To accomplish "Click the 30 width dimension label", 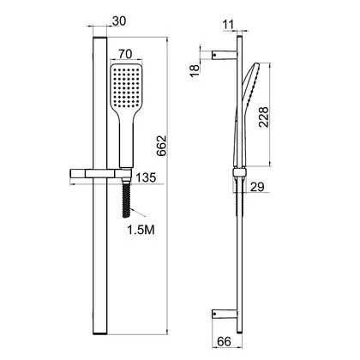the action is pos(119,21).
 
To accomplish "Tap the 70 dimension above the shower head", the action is pos(125,54).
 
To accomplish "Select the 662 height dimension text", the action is pos(161,146).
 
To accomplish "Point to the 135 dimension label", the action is pos(146,177).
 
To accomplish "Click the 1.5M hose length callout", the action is pos(141,230).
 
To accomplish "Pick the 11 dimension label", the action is pos(228,25).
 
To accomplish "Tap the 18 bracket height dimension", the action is pos(195,71).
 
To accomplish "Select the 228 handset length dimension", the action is pos(264,117).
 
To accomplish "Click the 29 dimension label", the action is pos(257,187).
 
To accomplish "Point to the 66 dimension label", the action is pos(224,342).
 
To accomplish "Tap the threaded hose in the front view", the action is pos(126,200).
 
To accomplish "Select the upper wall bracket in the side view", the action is pos(225,55).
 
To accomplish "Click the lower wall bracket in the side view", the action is pos(225,314).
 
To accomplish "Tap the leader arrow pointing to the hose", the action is pos(138,213).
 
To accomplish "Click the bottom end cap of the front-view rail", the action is pos(100,333).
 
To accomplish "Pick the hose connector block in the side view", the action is pos(239,172).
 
